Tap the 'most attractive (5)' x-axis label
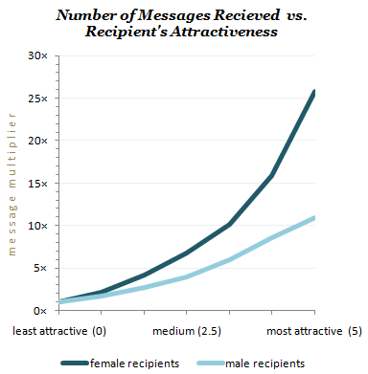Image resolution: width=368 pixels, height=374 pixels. pos(313,331)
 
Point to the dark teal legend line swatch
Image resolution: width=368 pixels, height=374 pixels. pos(73,363)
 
